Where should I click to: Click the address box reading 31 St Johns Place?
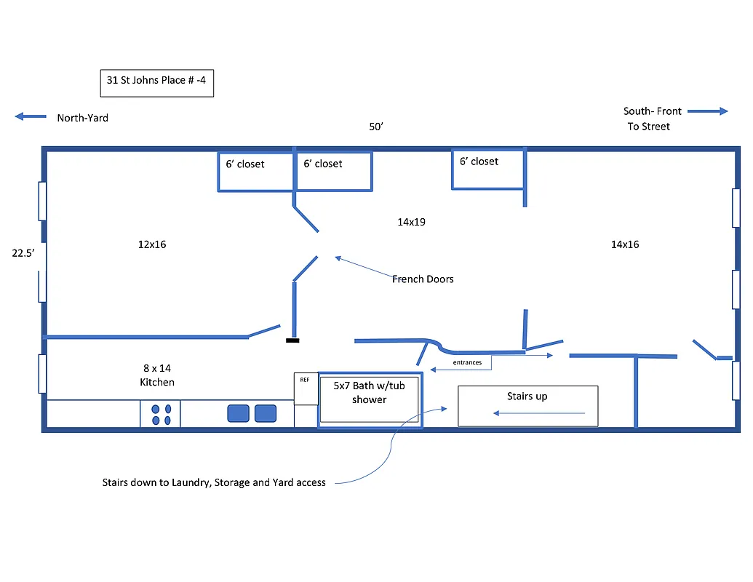pos(156,83)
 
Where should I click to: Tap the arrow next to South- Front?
pos(707,111)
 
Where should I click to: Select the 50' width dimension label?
pos(375,127)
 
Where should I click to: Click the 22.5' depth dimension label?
pos(23,254)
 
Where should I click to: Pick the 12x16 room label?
pos(152,244)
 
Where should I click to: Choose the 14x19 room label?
pos(411,222)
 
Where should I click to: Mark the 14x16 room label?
pos(624,244)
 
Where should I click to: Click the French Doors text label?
pos(422,279)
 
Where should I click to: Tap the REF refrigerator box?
pos(306,388)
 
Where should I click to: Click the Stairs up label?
pos(527,396)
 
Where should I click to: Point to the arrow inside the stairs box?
pos(538,413)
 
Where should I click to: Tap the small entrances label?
pos(466,362)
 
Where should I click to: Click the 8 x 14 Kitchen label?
pos(157,375)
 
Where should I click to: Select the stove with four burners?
pos(160,414)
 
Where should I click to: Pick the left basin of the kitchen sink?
pos(238,413)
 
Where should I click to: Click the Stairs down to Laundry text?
pos(213,482)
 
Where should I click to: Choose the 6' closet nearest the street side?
pos(487,169)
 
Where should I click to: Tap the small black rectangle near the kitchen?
pos(292,340)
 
